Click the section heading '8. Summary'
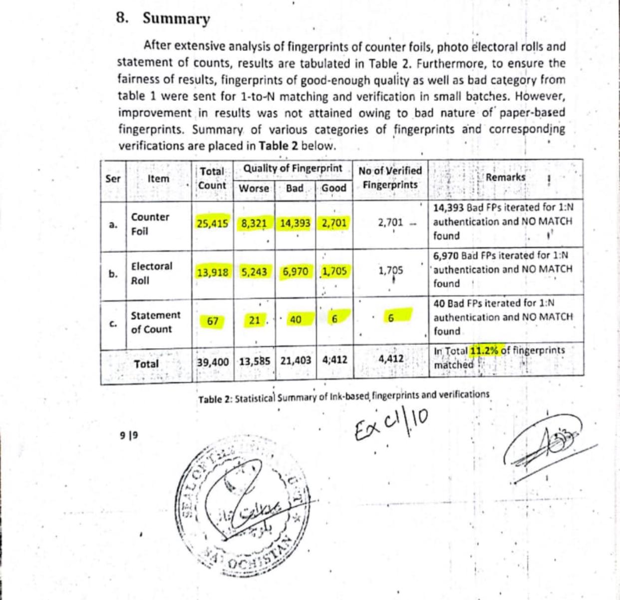pos(163,18)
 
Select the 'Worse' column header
pos(254,188)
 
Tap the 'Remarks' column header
pos(505,177)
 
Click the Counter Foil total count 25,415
pos(213,223)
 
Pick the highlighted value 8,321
pos(254,223)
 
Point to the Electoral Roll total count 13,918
pos(213,272)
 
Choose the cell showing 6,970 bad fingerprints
pos(296,272)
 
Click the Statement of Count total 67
pos(213,321)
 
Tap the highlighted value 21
pos(255,320)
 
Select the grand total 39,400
pos(213,361)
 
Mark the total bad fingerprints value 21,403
pos(296,361)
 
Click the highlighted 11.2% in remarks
pos(484,351)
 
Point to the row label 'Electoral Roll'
pos(151,273)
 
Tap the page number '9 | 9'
pos(129,435)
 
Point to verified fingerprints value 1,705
pos(390,271)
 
